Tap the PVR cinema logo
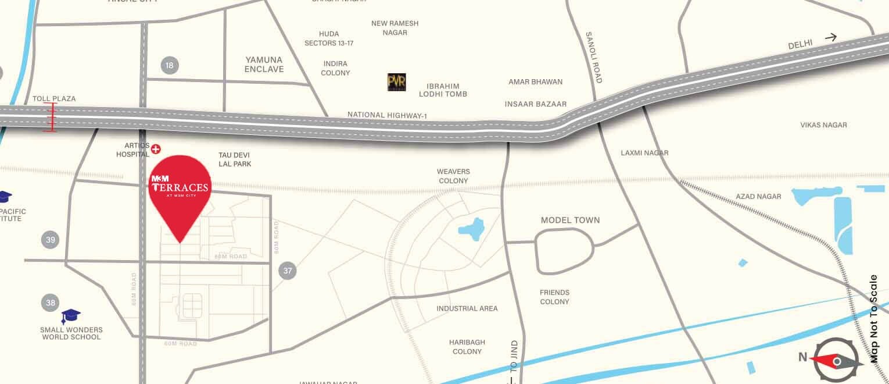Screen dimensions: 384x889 click(x=397, y=82)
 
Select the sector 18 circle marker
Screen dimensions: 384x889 click(x=169, y=65)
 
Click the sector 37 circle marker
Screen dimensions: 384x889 click(x=288, y=270)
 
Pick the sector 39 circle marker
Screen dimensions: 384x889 click(x=51, y=240)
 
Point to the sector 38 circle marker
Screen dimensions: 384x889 click(x=51, y=303)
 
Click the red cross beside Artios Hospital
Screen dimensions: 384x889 click(x=156, y=150)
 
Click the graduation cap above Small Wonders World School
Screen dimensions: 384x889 click(x=71, y=317)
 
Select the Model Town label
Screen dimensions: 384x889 click(x=570, y=221)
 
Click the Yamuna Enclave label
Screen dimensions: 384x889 click(x=264, y=65)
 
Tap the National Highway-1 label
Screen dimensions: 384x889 click(x=387, y=115)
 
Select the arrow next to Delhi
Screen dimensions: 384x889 click(x=830, y=38)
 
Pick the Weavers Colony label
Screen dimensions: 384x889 click(x=453, y=176)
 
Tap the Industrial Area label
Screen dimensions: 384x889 click(x=467, y=308)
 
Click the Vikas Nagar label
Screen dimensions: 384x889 click(x=823, y=125)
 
